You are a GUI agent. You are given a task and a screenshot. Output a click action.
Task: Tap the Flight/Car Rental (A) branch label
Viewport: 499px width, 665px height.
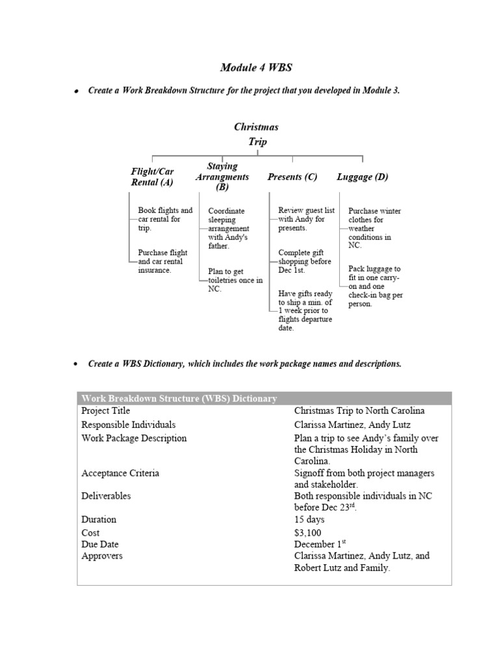tap(153, 177)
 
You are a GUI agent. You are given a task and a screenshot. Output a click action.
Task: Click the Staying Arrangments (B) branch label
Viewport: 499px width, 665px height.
tap(223, 177)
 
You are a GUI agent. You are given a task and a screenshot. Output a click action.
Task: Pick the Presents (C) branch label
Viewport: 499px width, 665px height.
tap(292, 177)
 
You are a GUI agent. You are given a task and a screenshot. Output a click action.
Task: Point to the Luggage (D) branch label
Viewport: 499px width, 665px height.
tap(362, 177)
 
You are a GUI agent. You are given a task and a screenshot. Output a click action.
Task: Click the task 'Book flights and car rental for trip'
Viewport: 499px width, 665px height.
tap(165, 220)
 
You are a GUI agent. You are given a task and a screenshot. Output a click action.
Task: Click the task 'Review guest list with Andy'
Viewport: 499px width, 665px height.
tap(306, 220)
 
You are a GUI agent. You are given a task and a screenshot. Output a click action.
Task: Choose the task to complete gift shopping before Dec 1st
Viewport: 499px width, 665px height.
tap(305, 261)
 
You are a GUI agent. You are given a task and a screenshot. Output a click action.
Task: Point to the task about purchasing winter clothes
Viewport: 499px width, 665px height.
tap(374, 229)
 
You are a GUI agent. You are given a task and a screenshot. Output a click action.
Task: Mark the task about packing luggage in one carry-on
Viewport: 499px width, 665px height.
tap(376, 286)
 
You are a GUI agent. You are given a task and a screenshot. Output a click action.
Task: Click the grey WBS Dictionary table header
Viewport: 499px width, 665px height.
tap(264, 398)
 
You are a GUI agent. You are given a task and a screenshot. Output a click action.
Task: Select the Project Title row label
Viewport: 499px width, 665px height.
tap(106, 411)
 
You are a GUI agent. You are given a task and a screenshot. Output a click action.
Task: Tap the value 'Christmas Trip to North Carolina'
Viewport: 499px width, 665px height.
tap(359, 411)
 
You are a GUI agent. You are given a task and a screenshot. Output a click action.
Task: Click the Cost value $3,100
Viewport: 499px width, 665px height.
tap(307, 533)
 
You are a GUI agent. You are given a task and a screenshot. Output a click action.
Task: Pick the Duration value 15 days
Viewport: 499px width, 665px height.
tap(309, 520)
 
